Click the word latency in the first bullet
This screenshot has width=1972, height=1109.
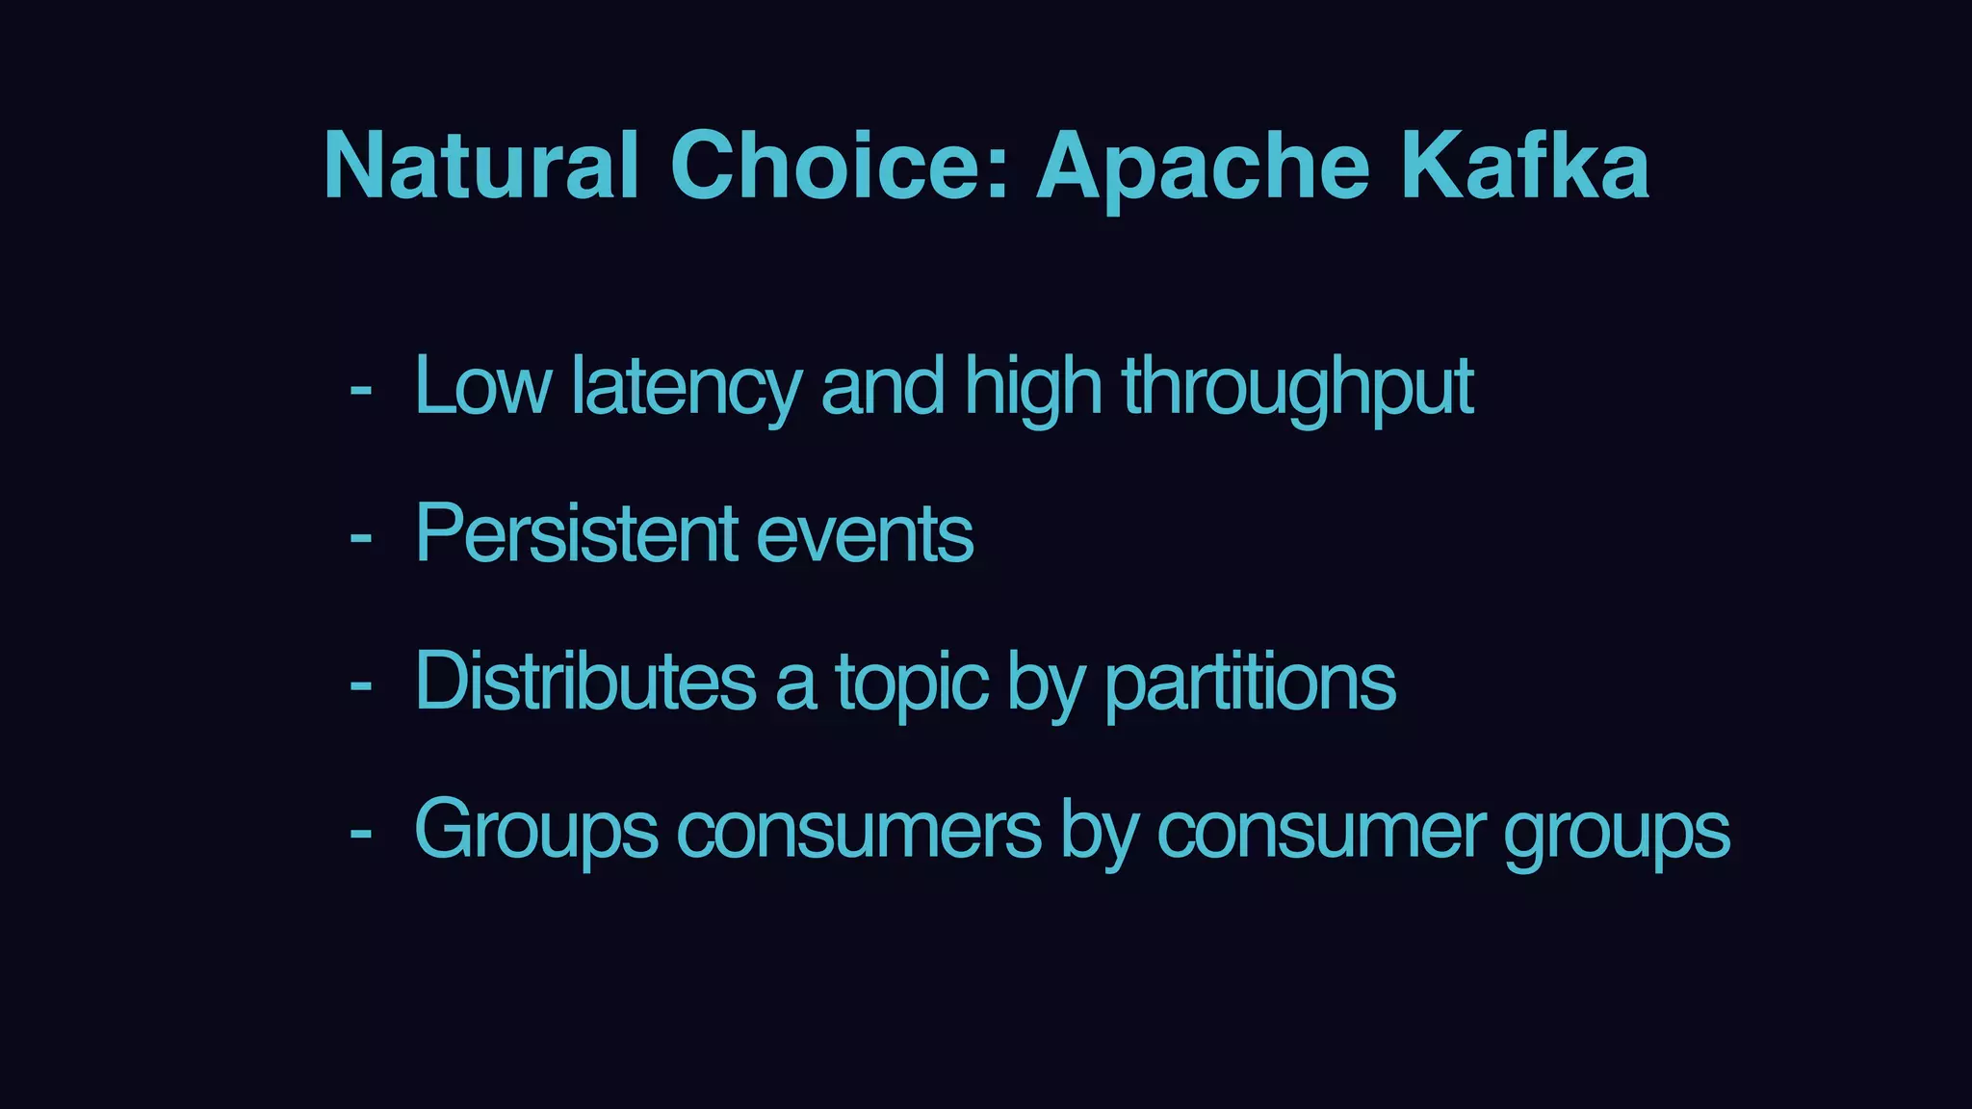click(686, 387)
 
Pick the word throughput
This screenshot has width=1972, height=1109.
click(1298, 387)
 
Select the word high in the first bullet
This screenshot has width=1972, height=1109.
click(1032, 387)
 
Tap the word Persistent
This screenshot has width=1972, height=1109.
click(576, 533)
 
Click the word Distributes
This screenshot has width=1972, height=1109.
click(585, 681)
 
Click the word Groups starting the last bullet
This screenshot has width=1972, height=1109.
click(536, 830)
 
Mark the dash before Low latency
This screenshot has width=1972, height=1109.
click(361, 391)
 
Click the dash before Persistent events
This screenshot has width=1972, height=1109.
click(361, 538)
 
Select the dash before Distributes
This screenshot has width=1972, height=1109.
click(361, 685)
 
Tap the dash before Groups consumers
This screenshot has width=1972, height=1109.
click(361, 834)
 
